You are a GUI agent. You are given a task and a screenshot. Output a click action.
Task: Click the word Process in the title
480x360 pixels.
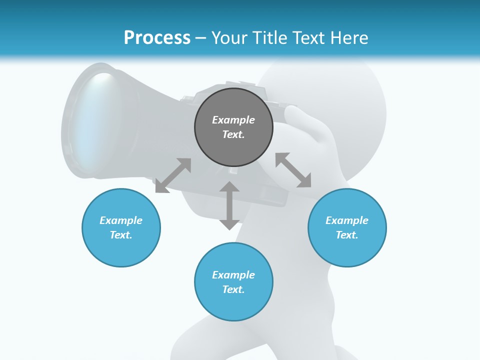pos(157,37)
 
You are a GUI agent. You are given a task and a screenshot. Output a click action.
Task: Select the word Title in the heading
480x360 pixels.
pos(270,37)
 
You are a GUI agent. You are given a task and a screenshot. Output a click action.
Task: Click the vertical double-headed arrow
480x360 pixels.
pos(229,205)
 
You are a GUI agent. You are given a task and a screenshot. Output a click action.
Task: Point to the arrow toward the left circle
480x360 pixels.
pos(173,175)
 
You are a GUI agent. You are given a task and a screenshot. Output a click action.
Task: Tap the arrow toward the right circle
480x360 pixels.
pos(293,170)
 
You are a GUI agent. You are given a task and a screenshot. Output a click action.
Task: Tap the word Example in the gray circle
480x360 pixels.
pos(233,120)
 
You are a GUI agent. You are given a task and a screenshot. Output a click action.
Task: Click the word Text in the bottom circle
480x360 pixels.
pos(233,289)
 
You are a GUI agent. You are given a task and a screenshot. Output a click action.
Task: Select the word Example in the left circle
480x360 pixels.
pos(121,220)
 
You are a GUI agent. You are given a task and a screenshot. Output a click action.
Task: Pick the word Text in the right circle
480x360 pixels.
pos(347,235)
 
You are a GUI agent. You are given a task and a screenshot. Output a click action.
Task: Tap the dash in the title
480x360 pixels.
pos(201,38)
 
